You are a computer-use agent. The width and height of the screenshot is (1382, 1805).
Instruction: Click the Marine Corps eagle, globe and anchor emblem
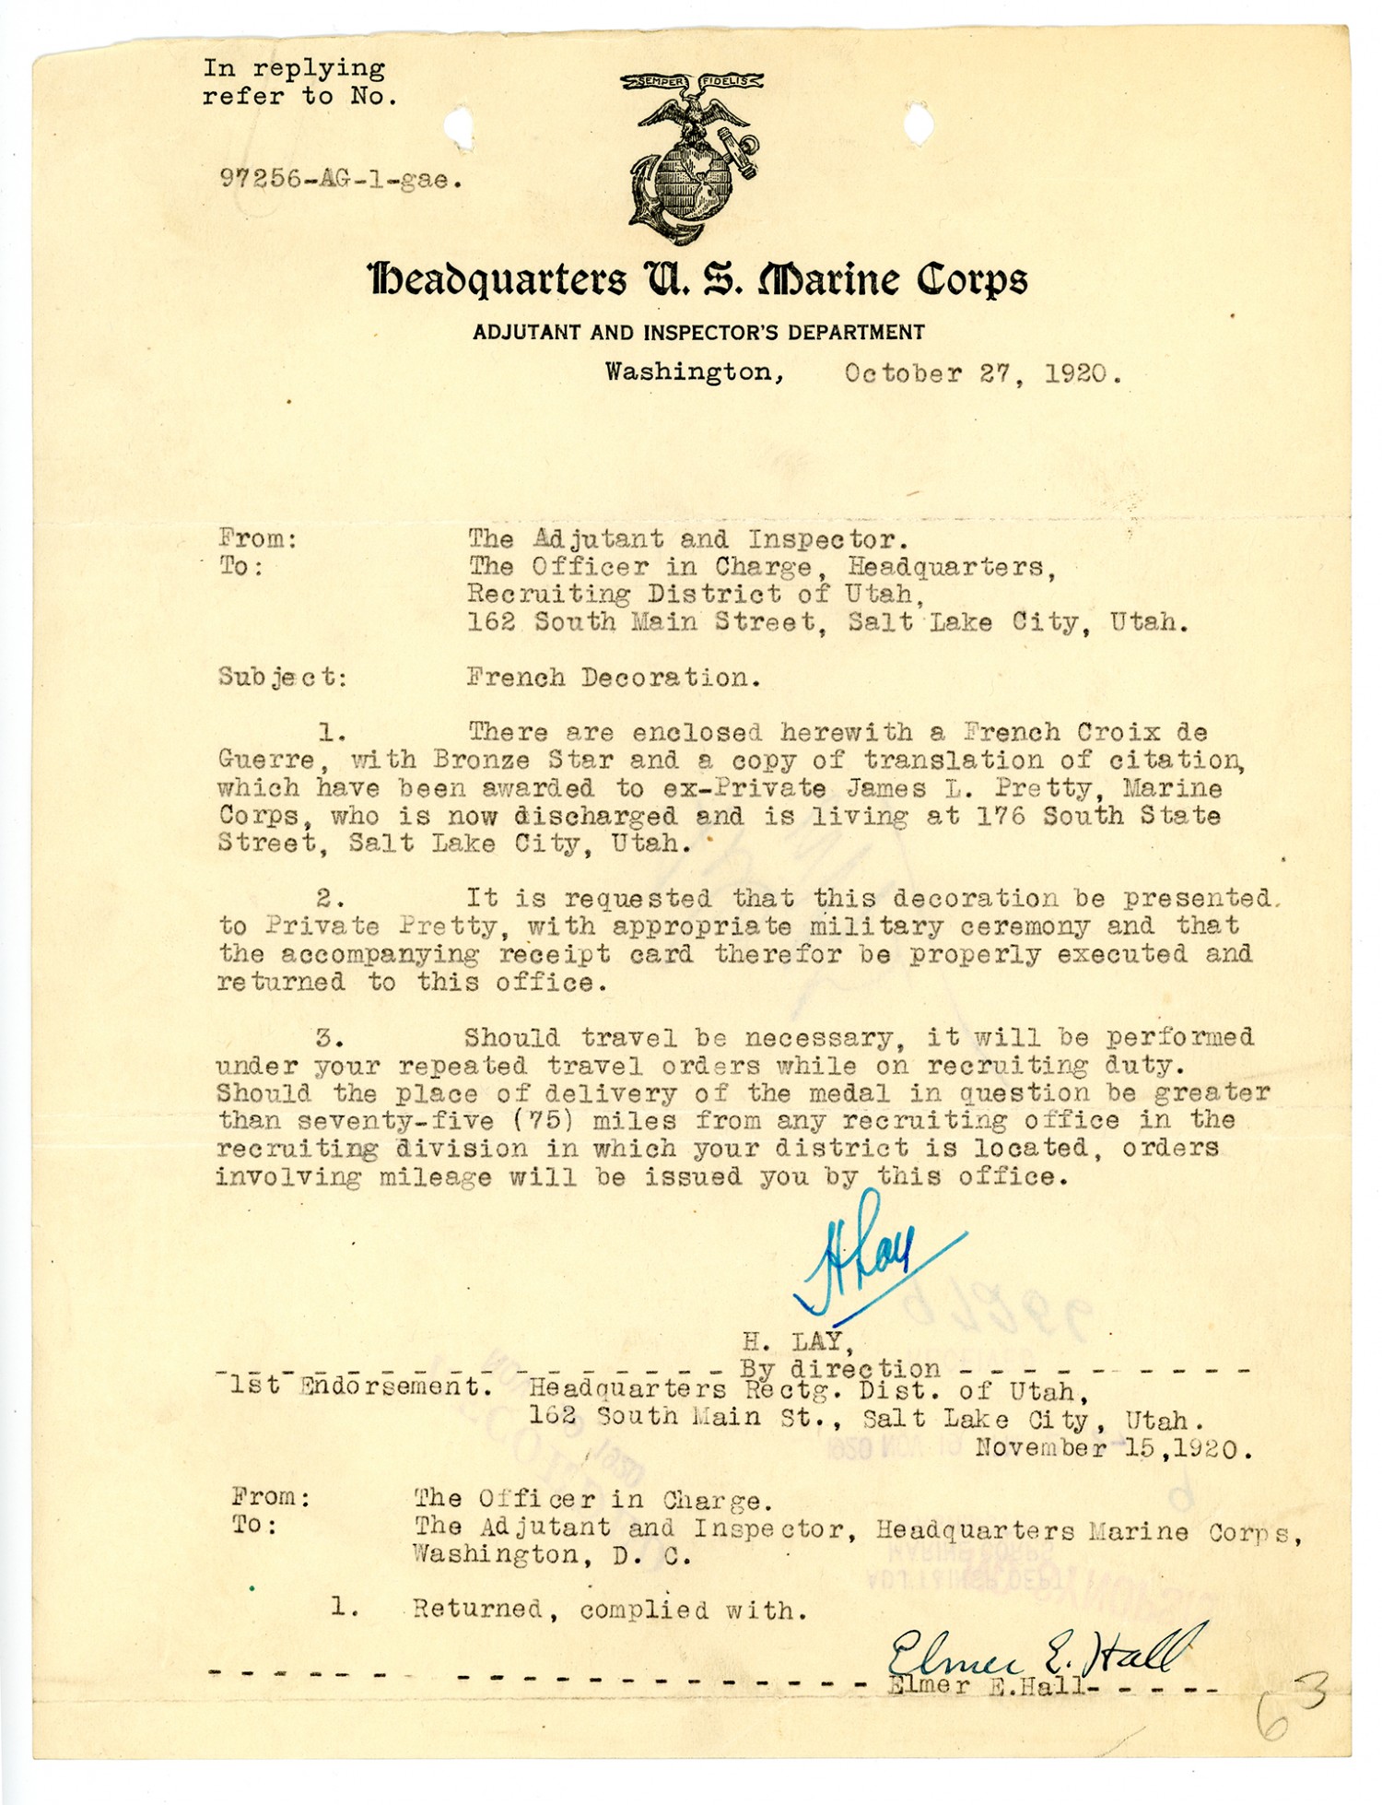tap(693, 157)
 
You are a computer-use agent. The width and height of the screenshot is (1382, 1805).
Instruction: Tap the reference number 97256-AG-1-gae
tap(340, 180)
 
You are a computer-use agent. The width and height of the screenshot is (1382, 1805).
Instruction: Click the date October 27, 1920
tap(982, 373)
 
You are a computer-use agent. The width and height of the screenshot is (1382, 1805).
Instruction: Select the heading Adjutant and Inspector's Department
tap(698, 332)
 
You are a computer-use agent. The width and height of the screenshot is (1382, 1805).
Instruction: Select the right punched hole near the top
tap(918, 124)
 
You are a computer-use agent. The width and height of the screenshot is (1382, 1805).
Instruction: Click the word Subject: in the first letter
tap(283, 678)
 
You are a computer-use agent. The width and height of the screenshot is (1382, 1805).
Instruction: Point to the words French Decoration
tap(614, 678)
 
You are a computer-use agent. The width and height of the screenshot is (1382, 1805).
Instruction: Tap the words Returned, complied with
tap(610, 1610)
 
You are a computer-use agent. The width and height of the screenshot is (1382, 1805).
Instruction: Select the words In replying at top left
tap(294, 68)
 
